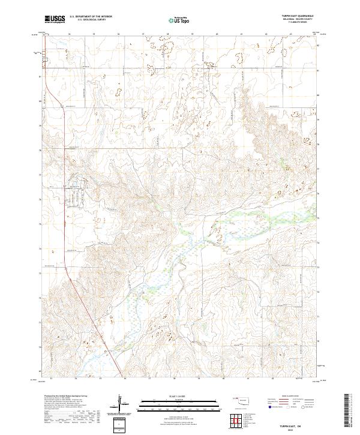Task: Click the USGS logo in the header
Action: pyautogui.click(x=55, y=20)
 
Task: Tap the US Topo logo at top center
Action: pyautogui.click(x=179, y=20)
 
